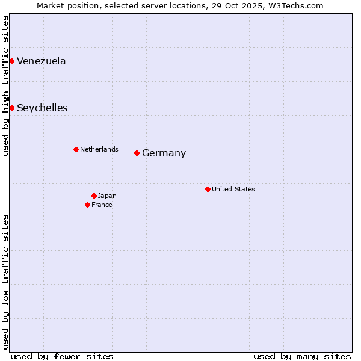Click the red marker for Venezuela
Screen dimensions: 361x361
[x=11, y=61]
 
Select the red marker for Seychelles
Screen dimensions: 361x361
[x=11, y=108]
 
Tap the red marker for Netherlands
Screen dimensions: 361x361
[x=76, y=149]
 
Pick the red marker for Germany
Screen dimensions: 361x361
[x=137, y=153]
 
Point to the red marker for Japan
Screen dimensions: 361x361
[x=94, y=196]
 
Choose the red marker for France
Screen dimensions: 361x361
[x=87, y=205]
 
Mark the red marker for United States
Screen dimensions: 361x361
[x=208, y=189]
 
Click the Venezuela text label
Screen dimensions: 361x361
[x=42, y=61]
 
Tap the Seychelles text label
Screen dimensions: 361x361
[x=42, y=108]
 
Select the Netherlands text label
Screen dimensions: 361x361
[x=99, y=149]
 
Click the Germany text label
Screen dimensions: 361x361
[x=164, y=153]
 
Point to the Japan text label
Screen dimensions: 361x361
[x=107, y=196]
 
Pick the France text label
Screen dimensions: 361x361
[x=102, y=205]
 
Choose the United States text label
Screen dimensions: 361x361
[x=233, y=189]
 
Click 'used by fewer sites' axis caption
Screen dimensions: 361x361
[x=62, y=356]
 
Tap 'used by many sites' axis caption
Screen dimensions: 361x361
[x=302, y=356]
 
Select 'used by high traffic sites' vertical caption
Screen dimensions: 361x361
[x=6, y=85]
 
